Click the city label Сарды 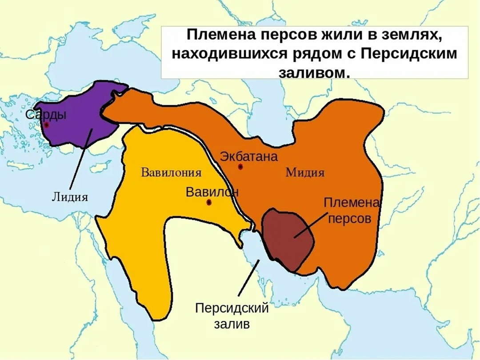(x=46, y=114)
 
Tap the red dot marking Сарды (x=46, y=125)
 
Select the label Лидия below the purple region (x=70, y=197)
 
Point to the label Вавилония (x=171, y=172)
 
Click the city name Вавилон (x=212, y=192)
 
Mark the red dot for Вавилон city (x=209, y=203)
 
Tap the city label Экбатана (x=249, y=156)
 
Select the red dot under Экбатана (x=240, y=167)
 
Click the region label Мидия (x=305, y=172)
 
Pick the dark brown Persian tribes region (x=285, y=238)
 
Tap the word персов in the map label (x=352, y=219)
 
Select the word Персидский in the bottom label (x=232, y=308)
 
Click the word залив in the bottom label (x=232, y=324)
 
